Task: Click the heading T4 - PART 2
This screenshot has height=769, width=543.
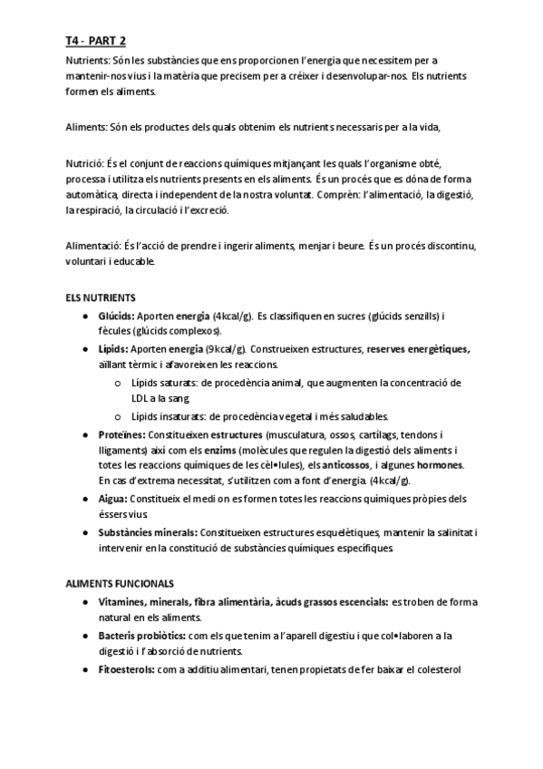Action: [x=95, y=40]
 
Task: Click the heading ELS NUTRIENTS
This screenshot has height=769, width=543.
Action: [x=101, y=297]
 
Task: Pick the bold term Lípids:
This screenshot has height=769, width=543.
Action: [x=113, y=348]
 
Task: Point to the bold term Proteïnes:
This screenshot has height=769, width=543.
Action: [x=121, y=434]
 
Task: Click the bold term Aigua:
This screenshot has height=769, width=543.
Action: [x=113, y=499]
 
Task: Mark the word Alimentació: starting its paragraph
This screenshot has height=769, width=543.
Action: [x=94, y=246]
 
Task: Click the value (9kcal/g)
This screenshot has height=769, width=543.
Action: [x=225, y=348]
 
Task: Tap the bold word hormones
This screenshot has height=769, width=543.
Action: [x=439, y=466]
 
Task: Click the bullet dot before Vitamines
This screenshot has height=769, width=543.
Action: [x=84, y=603]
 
